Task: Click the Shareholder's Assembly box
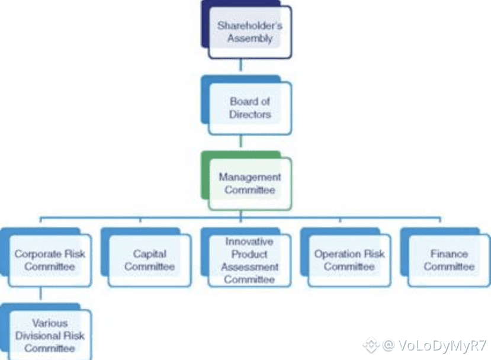point(249,32)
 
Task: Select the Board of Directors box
point(249,107)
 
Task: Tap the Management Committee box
point(249,184)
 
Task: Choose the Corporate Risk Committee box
point(50,261)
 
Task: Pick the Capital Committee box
point(149,261)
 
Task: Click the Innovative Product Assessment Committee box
point(249,261)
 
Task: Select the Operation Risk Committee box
point(349,261)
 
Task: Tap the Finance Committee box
point(449,261)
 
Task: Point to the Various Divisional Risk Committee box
point(50,335)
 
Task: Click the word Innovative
point(249,242)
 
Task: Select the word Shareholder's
point(249,25)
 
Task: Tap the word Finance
point(449,254)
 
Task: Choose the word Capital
point(149,254)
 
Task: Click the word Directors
point(249,114)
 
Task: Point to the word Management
point(249,177)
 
